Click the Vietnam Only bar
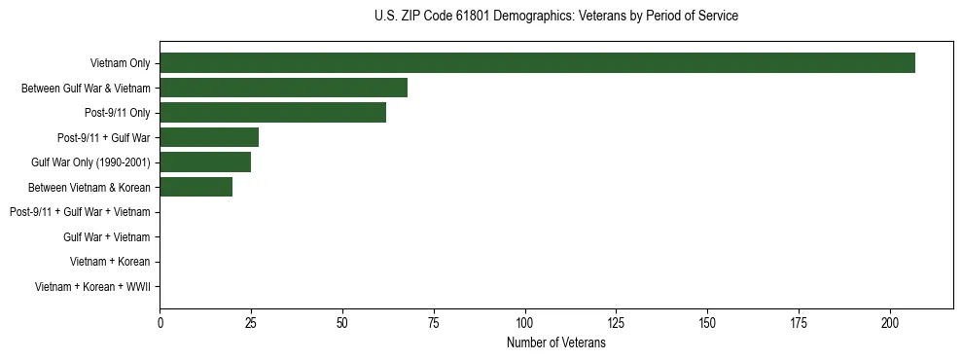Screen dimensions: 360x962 tap(537, 63)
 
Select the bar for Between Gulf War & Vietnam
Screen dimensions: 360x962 tap(283, 88)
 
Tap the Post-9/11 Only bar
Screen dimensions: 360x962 tap(272, 113)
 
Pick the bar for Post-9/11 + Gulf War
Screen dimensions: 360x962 tap(209, 137)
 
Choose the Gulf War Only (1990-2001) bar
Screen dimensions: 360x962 tap(205, 162)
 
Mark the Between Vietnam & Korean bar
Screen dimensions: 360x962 tap(196, 187)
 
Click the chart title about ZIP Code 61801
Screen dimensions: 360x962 tap(555, 17)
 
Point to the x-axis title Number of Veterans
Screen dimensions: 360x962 tap(555, 343)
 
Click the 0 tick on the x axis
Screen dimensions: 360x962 tap(160, 323)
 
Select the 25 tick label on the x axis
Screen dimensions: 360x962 tap(251, 323)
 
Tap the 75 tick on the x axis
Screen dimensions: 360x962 tap(434, 323)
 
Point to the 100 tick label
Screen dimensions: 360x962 tap(525, 323)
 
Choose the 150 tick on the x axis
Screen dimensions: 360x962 tap(708, 323)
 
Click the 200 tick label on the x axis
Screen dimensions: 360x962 tap(890, 323)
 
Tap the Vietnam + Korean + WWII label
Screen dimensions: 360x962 tap(92, 287)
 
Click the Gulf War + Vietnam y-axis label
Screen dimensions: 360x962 tap(106, 237)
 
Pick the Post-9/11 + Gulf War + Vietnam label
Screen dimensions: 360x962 tap(80, 212)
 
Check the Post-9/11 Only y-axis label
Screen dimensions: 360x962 tap(117, 113)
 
